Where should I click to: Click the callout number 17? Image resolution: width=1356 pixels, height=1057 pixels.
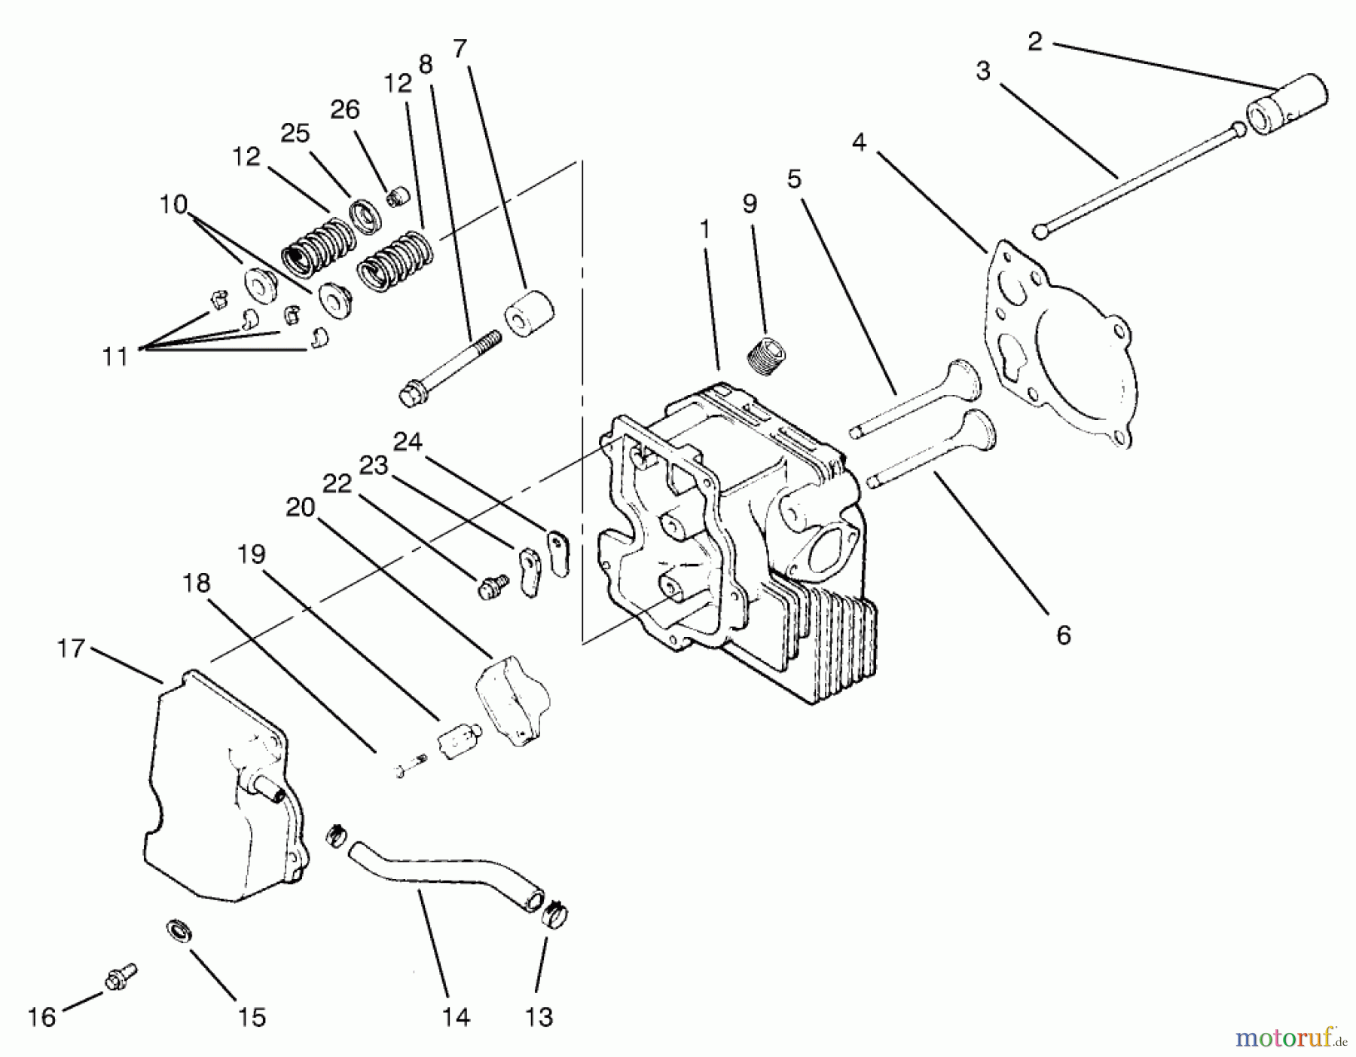(x=72, y=649)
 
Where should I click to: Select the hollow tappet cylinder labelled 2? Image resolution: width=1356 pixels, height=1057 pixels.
(x=1287, y=104)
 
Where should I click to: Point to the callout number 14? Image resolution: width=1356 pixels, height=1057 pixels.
(x=457, y=1017)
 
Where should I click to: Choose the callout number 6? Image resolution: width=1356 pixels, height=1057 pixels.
(x=1063, y=635)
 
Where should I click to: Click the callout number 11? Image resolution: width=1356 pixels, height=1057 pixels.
(x=115, y=356)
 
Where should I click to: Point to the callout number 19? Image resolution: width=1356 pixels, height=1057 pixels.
(x=252, y=555)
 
